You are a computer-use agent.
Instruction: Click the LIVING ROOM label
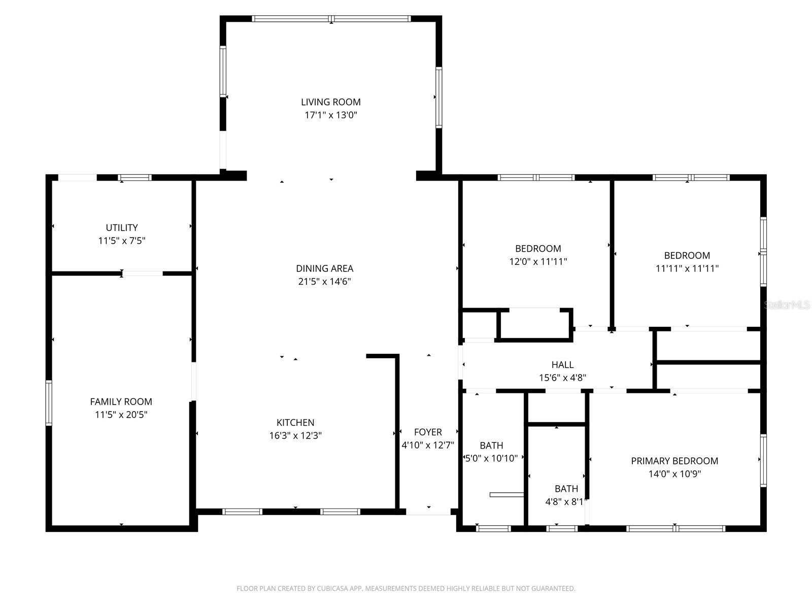pos(330,102)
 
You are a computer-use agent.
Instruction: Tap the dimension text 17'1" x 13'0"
pos(330,115)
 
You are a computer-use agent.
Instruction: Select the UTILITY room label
pos(121,228)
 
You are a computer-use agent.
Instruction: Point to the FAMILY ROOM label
pos(121,401)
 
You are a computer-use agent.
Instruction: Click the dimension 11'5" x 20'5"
pos(121,415)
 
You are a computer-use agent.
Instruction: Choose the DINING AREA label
pos(324,268)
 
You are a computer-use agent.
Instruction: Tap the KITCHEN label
pos(295,422)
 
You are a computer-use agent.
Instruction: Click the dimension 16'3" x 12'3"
pos(295,435)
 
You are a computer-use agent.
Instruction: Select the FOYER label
pos(428,432)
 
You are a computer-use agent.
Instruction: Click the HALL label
pos(562,364)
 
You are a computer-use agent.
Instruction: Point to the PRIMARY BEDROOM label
pos(674,461)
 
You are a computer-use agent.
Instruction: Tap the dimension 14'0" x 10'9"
pos(674,474)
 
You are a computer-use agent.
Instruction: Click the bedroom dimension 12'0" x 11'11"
pos(538,262)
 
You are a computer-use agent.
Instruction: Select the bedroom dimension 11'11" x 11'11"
pos(687,268)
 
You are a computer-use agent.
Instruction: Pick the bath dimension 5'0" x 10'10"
pos(491,458)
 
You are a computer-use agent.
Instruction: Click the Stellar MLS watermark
pos(787,305)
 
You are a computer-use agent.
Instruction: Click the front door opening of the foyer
pos(428,512)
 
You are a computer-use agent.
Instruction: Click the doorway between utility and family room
pos(143,274)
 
